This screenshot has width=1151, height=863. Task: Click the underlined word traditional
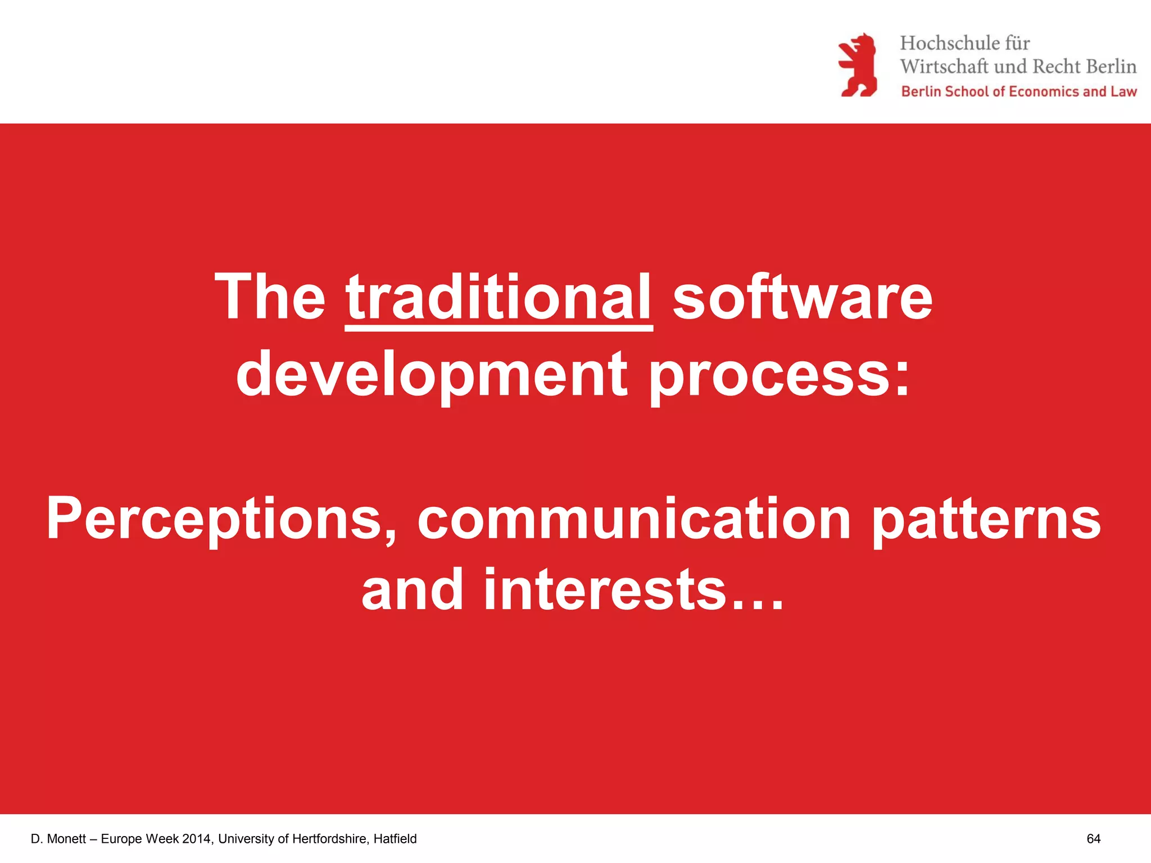coord(499,298)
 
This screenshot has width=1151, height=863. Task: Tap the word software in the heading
coord(803,298)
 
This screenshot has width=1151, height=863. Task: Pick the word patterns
coord(986,520)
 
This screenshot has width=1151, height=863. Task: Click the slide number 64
coord(1093,839)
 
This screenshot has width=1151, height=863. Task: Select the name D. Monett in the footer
coord(58,839)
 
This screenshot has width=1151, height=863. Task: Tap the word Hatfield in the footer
coord(395,839)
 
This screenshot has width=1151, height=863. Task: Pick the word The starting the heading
coord(270,298)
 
